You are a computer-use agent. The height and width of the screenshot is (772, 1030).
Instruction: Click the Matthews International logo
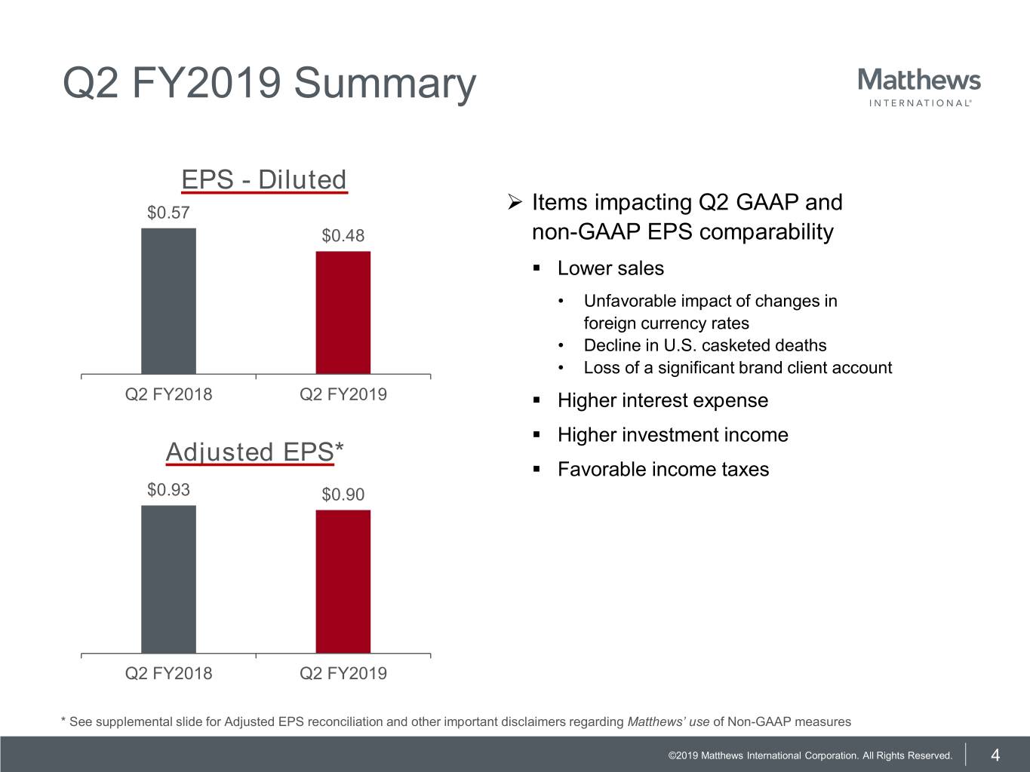point(919,87)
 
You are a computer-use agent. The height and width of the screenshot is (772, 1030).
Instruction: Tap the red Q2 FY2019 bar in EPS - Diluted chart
point(343,312)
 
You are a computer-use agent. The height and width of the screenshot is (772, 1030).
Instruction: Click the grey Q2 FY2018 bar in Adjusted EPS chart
point(168,579)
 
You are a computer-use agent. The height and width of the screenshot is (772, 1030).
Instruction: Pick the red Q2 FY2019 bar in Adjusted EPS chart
point(343,581)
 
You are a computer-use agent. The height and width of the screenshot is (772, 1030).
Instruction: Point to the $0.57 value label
point(168,213)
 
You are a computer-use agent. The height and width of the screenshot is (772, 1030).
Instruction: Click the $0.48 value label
point(343,236)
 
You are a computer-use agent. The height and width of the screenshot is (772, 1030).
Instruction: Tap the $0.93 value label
point(168,490)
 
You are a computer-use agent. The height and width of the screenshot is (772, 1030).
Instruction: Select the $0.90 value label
point(343,495)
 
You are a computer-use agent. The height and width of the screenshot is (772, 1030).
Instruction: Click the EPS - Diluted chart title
point(264,180)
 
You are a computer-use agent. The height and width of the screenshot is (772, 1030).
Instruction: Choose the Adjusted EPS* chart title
point(254,452)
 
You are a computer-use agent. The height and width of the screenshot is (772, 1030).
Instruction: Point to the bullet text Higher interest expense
point(663,400)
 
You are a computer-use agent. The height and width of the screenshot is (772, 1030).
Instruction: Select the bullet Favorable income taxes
point(663,470)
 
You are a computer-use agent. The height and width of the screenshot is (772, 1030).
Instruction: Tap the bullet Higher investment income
point(672,435)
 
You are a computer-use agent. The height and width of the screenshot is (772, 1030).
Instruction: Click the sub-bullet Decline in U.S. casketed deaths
point(705,345)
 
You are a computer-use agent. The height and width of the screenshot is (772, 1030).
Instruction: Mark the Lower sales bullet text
point(610,268)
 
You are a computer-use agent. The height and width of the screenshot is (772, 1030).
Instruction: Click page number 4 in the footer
point(995,755)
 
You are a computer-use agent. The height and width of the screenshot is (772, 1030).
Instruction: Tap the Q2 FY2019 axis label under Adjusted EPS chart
point(343,673)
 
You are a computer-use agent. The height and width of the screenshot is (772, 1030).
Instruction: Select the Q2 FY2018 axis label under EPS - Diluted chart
point(168,394)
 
